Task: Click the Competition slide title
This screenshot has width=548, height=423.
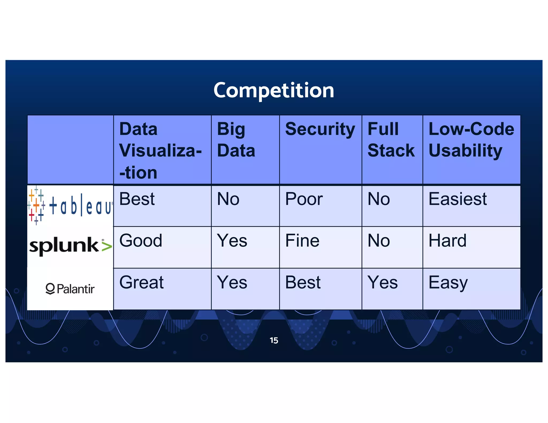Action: click(x=274, y=90)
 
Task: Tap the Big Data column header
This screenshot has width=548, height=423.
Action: click(x=236, y=140)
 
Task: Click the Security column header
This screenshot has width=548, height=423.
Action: click(x=320, y=129)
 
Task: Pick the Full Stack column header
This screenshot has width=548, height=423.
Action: click(x=391, y=140)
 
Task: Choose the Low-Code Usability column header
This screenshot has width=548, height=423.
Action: click(x=471, y=140)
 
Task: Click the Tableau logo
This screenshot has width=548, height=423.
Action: click(x=70, y=205)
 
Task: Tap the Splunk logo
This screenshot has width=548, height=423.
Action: click(x=70, y=245)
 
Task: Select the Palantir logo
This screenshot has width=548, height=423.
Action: click(x=70, y=289)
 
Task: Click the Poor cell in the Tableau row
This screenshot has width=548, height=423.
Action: click(x=304, y=199)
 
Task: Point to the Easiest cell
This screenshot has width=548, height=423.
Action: click(x=458, y=199)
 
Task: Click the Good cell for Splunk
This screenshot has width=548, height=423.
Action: click(x=141, y=241)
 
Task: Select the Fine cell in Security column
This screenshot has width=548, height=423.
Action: click(x=302, y=241)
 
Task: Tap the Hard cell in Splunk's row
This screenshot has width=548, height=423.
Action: click(x=447, y=241)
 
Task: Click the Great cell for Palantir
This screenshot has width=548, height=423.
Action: click(x=141, y=282)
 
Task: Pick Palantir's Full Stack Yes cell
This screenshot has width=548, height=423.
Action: click(x=383, y=282)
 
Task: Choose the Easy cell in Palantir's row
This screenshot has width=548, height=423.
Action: click(x=448, y=283)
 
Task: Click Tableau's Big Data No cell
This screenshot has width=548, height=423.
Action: click(x=228, y=199)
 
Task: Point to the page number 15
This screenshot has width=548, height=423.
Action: click(x=274, y=340)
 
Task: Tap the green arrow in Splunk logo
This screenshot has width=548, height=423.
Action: click(x=106, y=246)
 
